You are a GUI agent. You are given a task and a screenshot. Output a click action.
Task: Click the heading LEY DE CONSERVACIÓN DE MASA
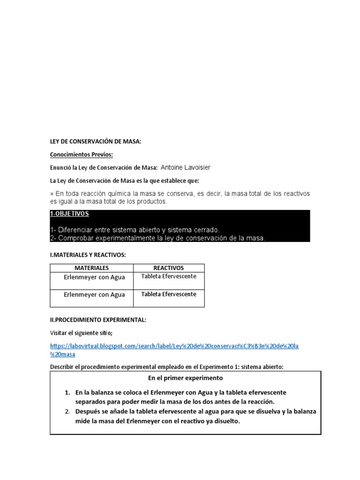tap(95, 141)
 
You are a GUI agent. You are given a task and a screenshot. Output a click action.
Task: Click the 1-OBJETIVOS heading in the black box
tap(69, 214)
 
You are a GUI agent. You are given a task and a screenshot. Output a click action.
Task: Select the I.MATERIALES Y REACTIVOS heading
tap(88, 255)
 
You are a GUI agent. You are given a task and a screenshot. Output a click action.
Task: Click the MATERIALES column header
tap(91, 268)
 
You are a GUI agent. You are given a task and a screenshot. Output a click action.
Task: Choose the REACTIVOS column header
tap(169, 268)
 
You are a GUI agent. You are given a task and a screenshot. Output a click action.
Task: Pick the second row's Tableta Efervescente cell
tap(169, 294)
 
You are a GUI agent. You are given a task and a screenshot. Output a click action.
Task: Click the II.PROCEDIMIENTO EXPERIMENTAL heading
tap(98, 320)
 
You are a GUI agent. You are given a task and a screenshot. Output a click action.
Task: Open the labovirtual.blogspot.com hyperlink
tap(174, 346)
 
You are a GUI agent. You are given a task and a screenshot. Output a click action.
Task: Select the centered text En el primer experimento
tap(186, 378)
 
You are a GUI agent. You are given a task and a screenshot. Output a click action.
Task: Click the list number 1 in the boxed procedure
tap(67, 392)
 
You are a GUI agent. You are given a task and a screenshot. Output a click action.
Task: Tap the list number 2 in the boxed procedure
tap(67, 412)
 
